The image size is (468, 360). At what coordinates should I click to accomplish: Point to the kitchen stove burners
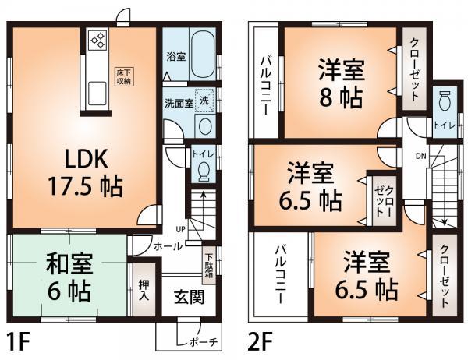coord(98,41)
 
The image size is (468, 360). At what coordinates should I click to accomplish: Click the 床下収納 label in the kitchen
coord(124,76)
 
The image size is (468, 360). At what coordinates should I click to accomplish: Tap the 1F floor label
coord(20,343)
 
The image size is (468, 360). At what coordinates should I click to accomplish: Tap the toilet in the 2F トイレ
coord(446,101)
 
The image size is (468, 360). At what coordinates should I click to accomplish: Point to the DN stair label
coord(420,157)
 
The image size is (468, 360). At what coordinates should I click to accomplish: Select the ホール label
coord(168,246)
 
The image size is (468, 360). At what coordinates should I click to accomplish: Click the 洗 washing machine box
coord(204,101)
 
